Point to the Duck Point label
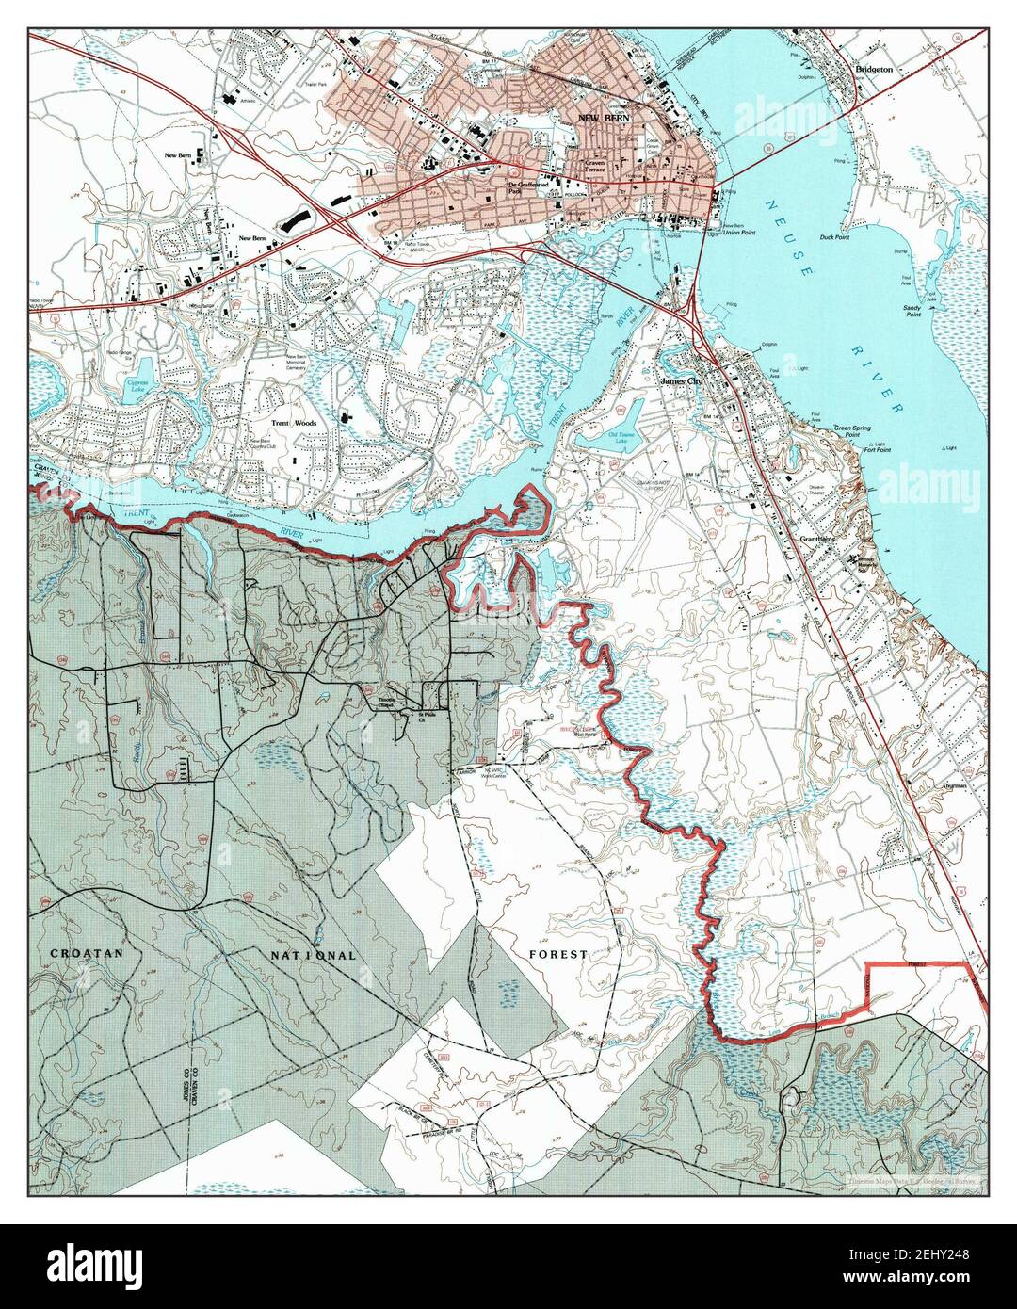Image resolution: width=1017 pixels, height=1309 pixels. pos(834,237)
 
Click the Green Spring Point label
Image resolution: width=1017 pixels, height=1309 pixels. pos(860,441)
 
